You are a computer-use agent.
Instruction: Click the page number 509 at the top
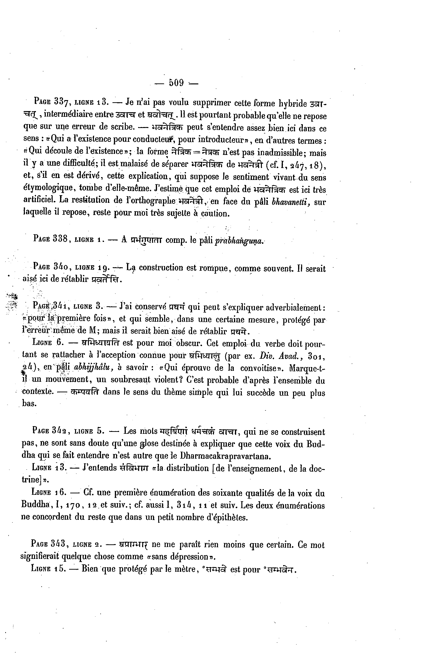[176, 83]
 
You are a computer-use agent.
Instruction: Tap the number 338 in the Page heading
[60, 239]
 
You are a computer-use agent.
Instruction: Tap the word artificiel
[38, 200]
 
